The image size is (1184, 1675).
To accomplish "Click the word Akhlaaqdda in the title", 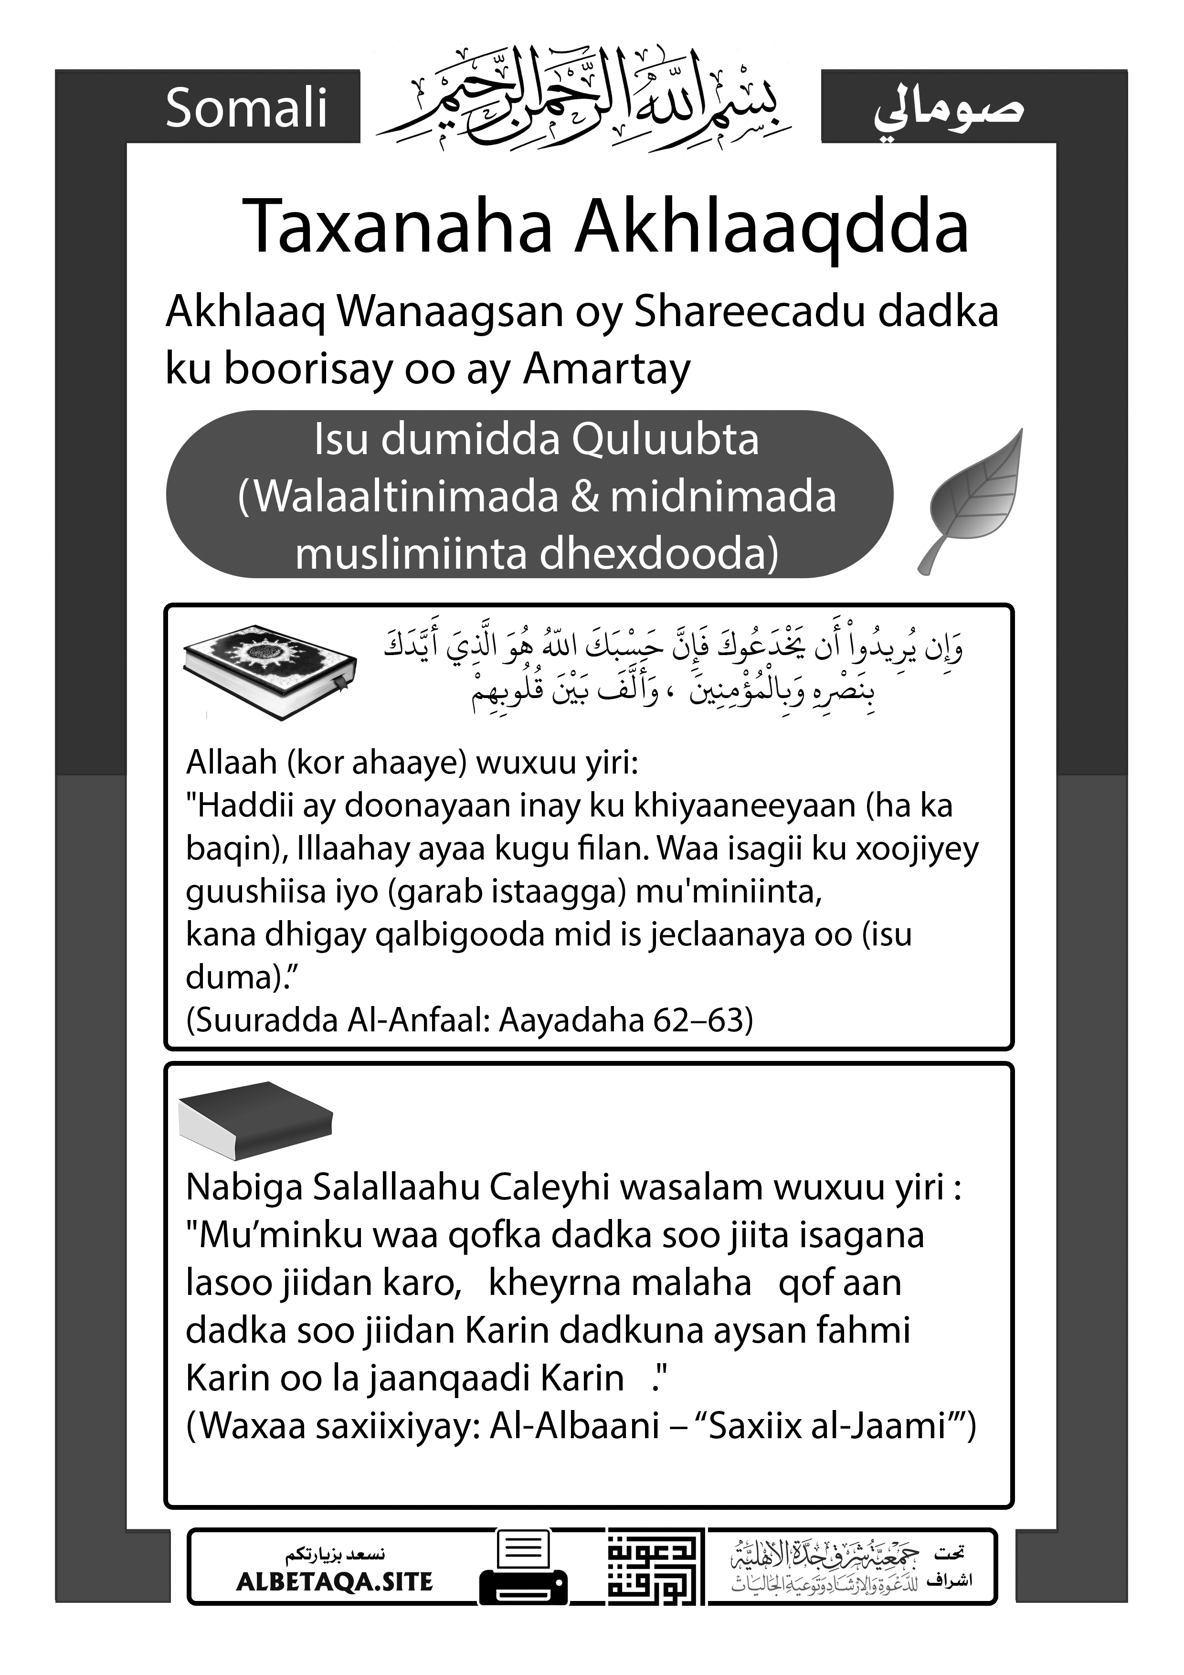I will click(772, 228).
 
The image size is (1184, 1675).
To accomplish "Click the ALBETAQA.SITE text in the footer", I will click(334, 1581).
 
